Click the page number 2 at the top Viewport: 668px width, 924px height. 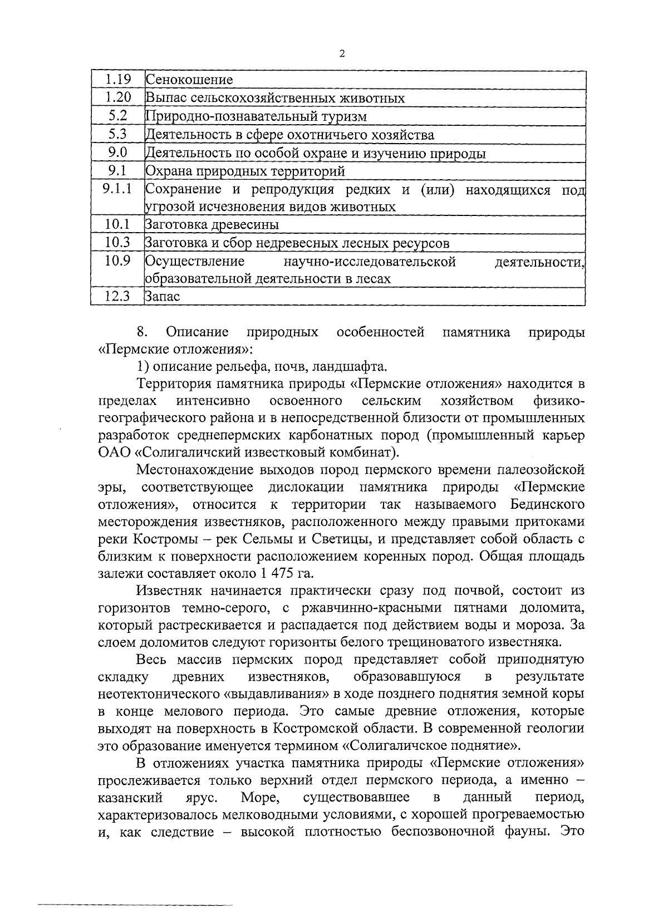pyautogui.click(x=342, y=53)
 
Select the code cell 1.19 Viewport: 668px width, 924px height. pyautogui.click(x=117, y=80)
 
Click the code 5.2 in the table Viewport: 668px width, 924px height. pyautogui.click(x=117, y=116)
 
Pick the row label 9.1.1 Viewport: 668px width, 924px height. pyautogui.click(x=117, y=189)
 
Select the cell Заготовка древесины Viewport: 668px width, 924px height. pyautogui.click(x=212, y=225)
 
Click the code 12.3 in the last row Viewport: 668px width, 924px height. pyautogui.click(x=117, y=297)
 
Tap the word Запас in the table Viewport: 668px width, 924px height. pyautogui.click(x=163, y=297)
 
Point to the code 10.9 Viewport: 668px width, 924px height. pyautogui.click(x=117, y=260)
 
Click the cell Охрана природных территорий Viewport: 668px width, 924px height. pyautogui.click(x=245, y=171)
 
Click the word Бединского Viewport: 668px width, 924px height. pyautogui.click(x=548, y=505)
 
